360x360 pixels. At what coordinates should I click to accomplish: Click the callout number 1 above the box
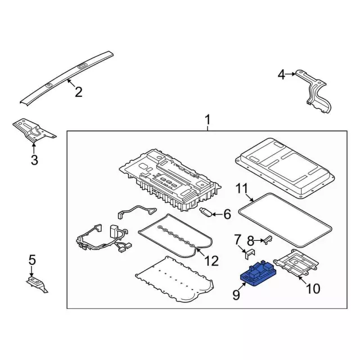click(208, 120)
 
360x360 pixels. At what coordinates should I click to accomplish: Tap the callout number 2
click(79, 92)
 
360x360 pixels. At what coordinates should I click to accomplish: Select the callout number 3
click(34, 160)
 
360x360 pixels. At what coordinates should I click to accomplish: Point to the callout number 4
click(281, 75)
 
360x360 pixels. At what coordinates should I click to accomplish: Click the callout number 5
click(32, 260)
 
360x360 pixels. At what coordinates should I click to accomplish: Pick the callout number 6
click(227, 214)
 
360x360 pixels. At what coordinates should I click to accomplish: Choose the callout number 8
click(251, 241)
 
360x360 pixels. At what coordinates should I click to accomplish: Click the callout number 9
click(236, 295)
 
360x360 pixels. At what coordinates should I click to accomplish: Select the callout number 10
click(313, 289)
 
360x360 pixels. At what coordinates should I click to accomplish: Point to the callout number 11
click(242, 188)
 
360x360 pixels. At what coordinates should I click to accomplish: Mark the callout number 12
click(211, 261)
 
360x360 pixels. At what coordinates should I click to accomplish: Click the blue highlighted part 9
click(258, 274)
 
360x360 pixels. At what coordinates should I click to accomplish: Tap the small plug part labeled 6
click(205, 212)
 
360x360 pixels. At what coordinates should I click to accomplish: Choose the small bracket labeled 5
click(37, 285)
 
